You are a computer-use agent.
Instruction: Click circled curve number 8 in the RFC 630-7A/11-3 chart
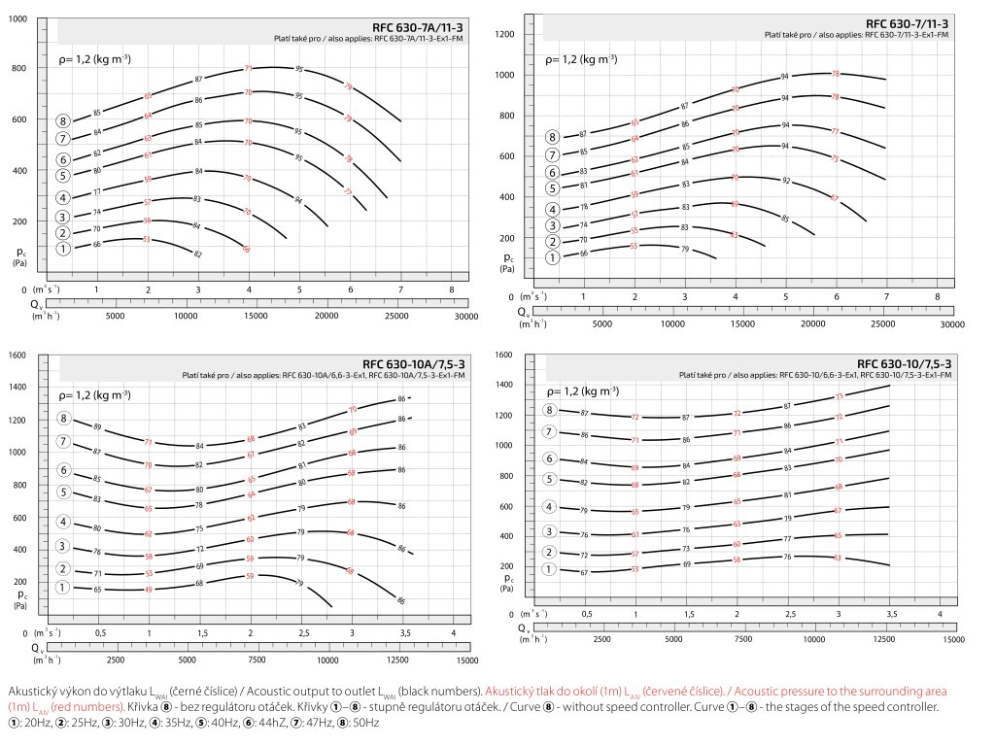(x=64, y=121)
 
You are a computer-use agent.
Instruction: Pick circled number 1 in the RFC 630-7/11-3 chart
(x=552, y=257)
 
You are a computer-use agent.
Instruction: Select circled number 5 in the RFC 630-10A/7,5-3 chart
(x=64, y=492)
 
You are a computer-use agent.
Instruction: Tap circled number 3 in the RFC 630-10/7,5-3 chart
(x=550, y=531)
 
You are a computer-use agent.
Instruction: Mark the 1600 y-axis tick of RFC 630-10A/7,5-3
(x=17, y=356)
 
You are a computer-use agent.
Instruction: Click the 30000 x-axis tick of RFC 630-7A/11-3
(x=466, y=316)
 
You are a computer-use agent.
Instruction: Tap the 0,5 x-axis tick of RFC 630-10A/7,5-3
(x=99, y=633)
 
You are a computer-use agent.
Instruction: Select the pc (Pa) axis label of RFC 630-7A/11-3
(x=18, y=256)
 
